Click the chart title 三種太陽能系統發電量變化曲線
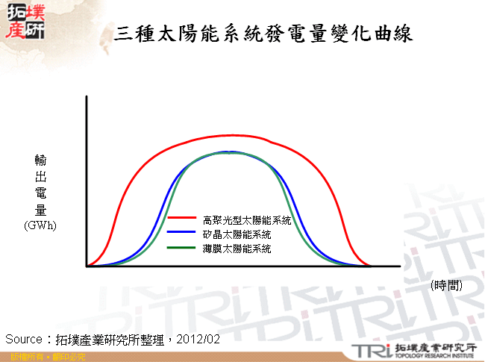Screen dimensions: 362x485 [x=263, y=34]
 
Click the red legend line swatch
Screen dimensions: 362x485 [x=181, y=219]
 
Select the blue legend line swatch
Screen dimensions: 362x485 [x=181, y=234]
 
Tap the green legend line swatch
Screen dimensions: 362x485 [x=181, y=247]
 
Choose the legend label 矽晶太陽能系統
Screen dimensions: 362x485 [x=237, y=234]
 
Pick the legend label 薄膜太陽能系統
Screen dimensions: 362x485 [x=237, y=247]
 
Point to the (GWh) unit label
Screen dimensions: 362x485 [x=40, y=225]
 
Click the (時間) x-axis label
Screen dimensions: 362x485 [x=446, y=284]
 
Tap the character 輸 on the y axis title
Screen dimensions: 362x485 [x=40, y=160]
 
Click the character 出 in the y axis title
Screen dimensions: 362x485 [x=40, y=177]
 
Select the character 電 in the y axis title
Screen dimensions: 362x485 [x=40, y=193]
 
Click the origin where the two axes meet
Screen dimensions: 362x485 [x=87, y=266]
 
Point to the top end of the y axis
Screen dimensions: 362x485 [x=87, y=97]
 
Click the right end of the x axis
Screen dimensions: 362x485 [x=400, y=266]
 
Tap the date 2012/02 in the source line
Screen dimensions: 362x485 [x=200, y=339]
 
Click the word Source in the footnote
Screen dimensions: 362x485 [x=24, y=339]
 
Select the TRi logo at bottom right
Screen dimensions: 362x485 [x=367, y=350]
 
